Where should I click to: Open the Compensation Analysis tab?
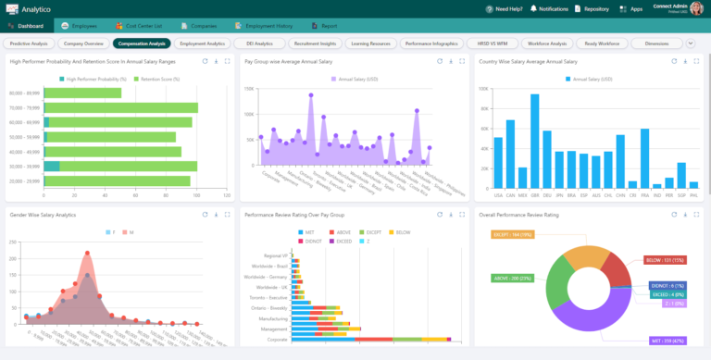(142, 43)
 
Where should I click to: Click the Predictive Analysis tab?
(29, 43)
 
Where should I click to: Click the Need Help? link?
(507, 8)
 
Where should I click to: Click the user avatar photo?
(696, 8)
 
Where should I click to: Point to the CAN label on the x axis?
(511, 195)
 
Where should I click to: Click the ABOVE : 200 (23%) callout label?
(520, 277)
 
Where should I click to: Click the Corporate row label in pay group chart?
(275, 340)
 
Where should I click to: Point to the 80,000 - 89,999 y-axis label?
(24, 93)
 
